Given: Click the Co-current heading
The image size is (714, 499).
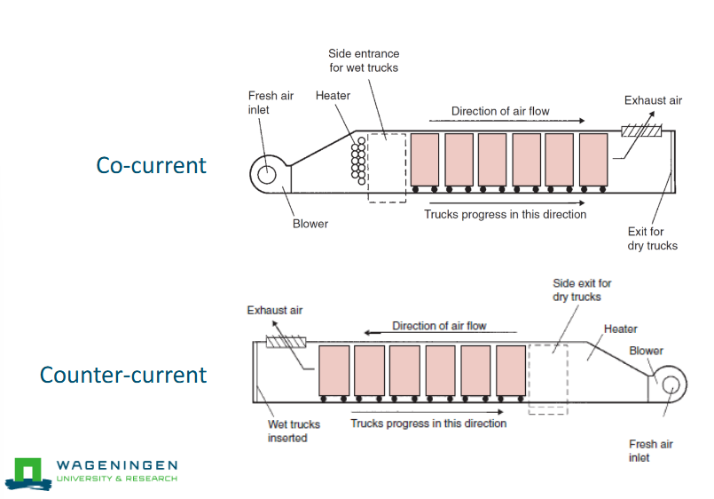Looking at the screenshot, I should (152, 165).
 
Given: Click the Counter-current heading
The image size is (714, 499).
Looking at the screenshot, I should (123, 375).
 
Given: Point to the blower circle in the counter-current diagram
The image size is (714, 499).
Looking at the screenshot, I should (669, 384).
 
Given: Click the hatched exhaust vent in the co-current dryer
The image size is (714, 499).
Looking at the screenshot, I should (642, 132).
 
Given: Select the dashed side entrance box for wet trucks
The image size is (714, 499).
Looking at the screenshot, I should (387, 168).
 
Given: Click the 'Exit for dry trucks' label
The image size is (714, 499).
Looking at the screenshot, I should (652, 238).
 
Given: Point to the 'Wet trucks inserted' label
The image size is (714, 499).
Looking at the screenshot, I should (294, 431).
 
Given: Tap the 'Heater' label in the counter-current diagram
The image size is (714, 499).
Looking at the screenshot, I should (620, 329).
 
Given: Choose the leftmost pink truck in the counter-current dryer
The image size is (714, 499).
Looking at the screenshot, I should (333, 371).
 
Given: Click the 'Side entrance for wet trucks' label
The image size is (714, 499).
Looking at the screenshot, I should (363, 60).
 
